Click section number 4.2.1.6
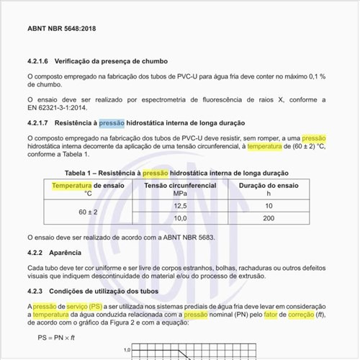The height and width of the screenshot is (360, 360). tap(40, 62)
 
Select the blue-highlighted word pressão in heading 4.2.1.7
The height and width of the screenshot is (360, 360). tap(112, 123)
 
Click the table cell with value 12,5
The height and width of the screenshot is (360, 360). tap(180, 206)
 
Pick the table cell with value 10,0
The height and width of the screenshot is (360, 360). tap(180, 218)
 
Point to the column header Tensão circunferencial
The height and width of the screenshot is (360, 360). tap(180, 186)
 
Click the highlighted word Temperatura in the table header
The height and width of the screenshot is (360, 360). tap(71, 186)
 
